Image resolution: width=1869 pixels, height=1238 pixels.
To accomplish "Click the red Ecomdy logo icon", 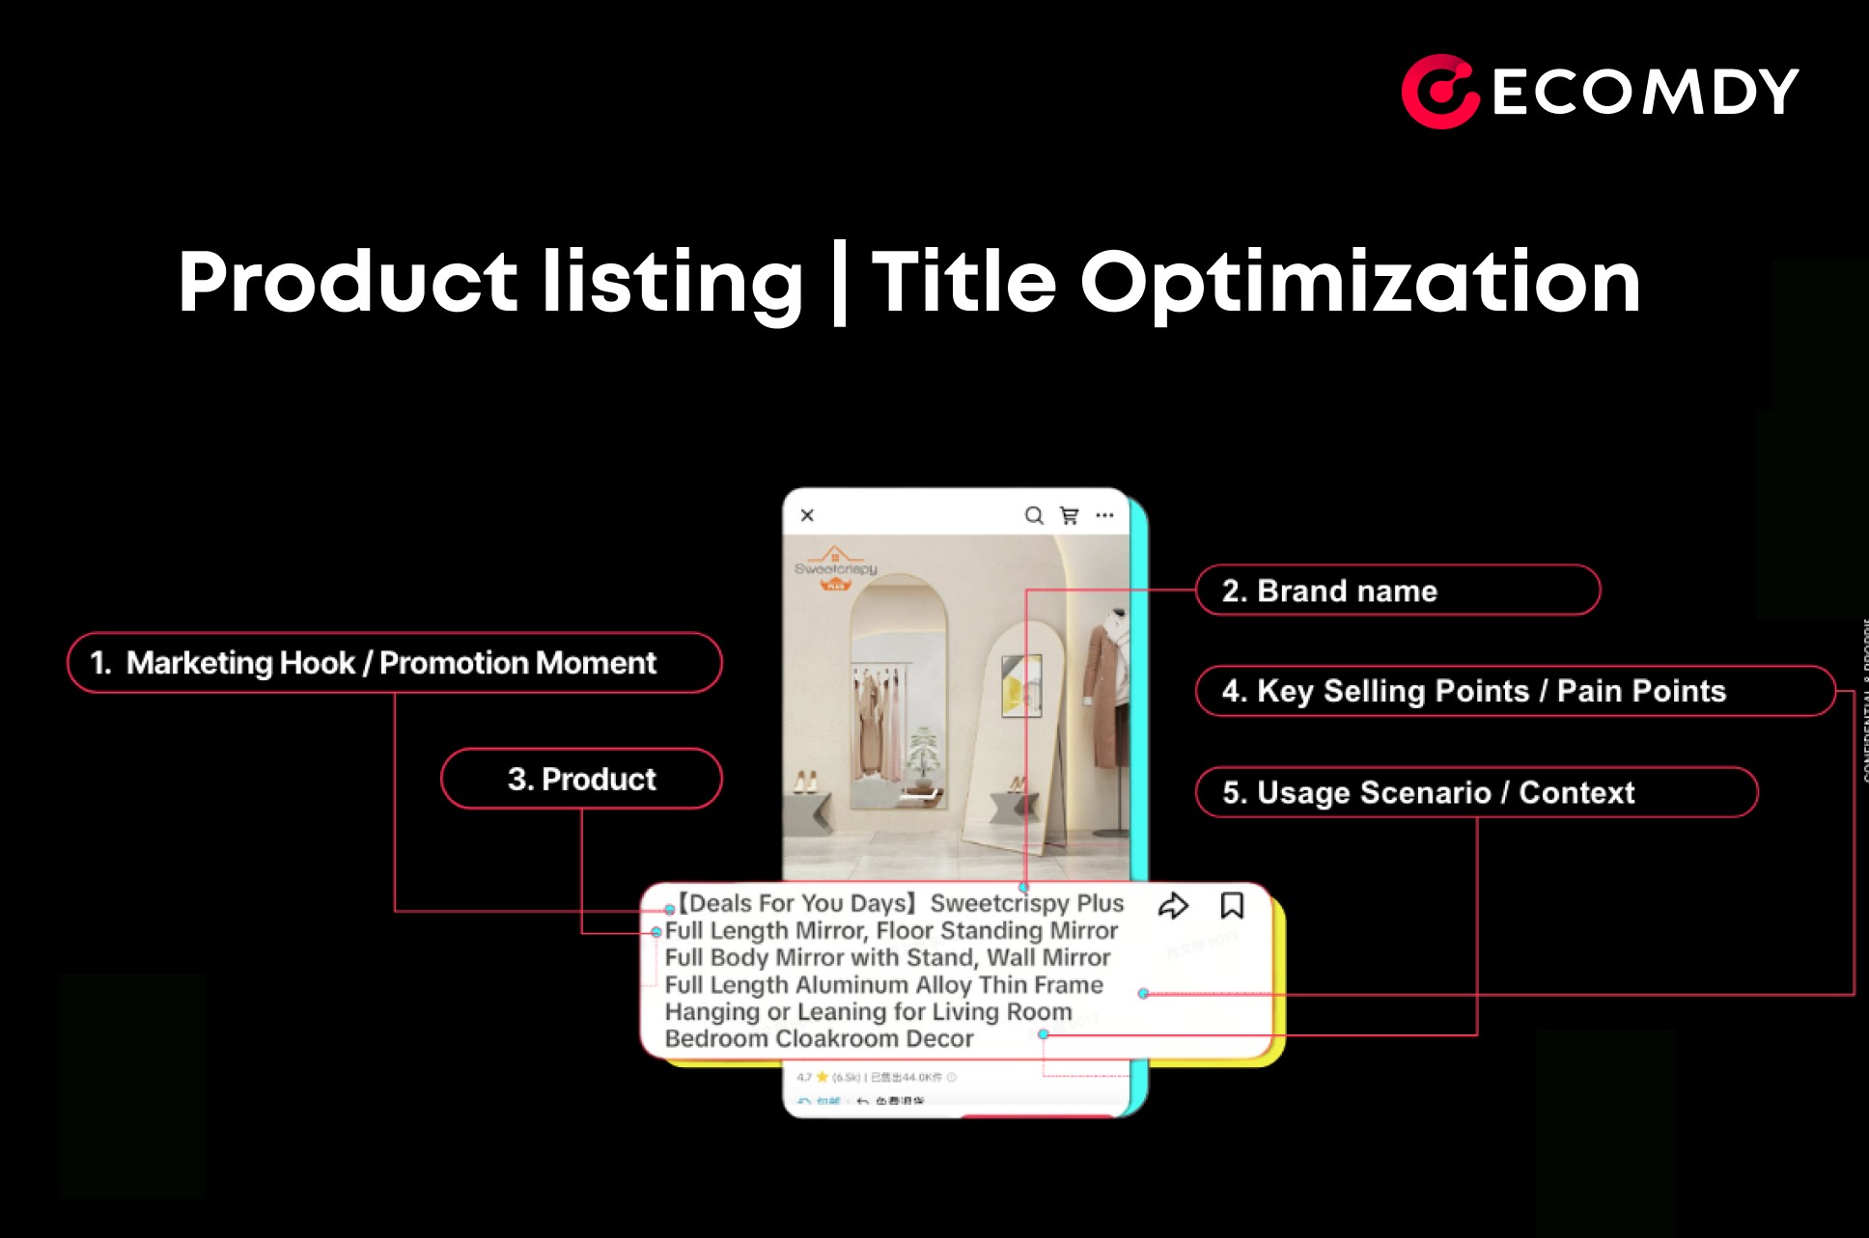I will tap(1439, 92).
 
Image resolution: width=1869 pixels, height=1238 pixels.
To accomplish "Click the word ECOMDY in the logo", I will tap(1645, 93).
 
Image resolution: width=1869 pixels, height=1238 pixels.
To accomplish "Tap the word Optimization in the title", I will tap(1359, 283).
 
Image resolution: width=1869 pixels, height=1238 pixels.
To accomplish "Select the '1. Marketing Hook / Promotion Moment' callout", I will tap(394, 663).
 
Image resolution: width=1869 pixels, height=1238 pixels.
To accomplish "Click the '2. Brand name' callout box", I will tap(1397, 591).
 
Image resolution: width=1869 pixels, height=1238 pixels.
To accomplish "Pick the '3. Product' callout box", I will tap(581, 779).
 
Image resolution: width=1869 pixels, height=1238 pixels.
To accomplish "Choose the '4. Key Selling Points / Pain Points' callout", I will tap(1514, 691).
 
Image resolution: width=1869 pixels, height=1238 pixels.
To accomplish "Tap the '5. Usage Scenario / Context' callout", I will tap(1475, 792).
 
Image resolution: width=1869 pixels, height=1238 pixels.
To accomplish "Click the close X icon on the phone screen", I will tap(808, 515).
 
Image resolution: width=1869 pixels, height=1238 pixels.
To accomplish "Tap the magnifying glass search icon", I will tap(1034, 515).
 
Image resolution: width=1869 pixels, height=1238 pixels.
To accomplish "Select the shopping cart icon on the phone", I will tap(1070, 515).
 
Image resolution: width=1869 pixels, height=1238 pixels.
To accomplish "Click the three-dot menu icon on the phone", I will tap(1104, 515).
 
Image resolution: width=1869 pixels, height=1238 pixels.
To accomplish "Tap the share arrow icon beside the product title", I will tap(1173, 906).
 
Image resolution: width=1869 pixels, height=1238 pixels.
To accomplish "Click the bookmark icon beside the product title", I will tap(1232, 905).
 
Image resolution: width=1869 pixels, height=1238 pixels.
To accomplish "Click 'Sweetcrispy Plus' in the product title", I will tap(1026, 903).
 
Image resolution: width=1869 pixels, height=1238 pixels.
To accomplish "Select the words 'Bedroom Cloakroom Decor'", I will tap(819, 1038).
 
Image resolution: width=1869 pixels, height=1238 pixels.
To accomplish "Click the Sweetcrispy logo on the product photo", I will tap(835, 567).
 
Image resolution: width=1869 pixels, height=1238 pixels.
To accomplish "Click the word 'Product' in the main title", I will tap(349, 283).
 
